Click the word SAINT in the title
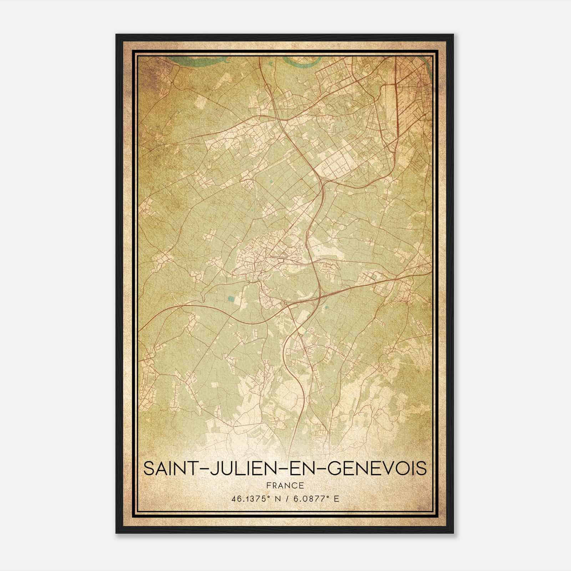170,469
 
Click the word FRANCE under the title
285,485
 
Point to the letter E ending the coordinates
336,499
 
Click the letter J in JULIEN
212,469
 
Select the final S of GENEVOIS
421,469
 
